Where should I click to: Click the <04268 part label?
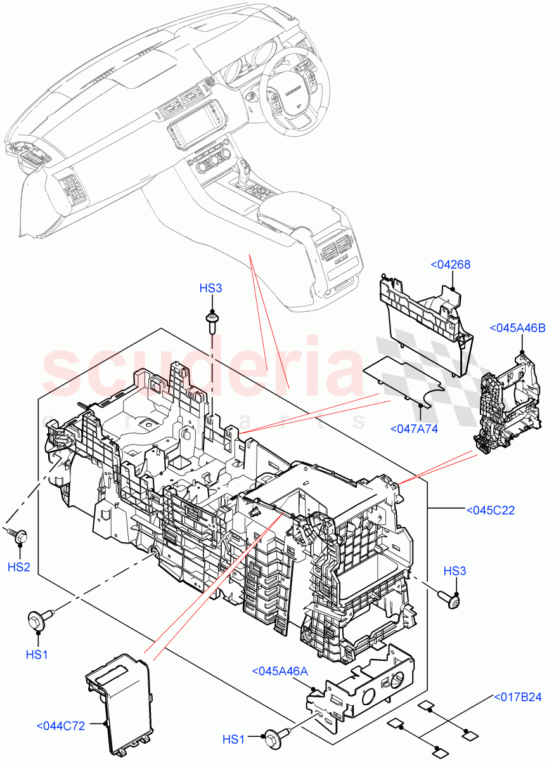click(450, 264)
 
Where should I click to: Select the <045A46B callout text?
click(518, 328)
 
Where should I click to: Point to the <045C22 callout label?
click(490, 509)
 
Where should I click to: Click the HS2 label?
click(19, 566)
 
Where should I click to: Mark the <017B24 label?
click(518, 698)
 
